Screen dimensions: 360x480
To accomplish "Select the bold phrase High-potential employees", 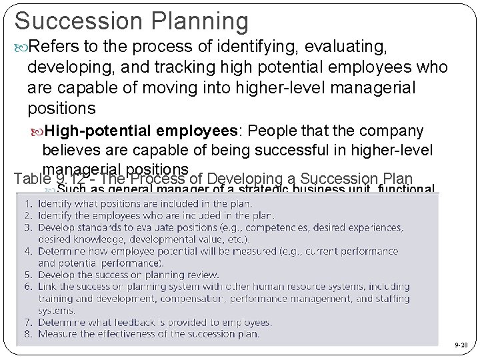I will tap(141, 130).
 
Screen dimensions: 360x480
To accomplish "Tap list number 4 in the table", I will tap(29, 251).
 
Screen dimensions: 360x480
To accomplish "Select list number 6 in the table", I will tap(29, 287).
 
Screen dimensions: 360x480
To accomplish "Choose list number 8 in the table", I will tap(29, 334).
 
